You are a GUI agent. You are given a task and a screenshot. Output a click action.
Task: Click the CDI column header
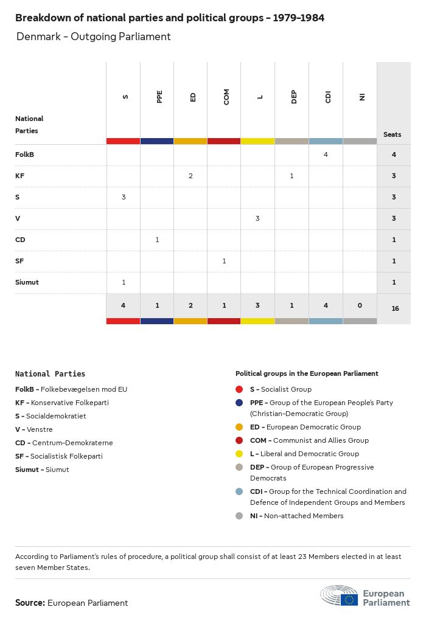click(x=328, y=97)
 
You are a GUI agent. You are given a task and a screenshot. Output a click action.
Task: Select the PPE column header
click(x=159, y=97)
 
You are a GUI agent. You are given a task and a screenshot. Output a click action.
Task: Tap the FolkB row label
click(x=24, y=154)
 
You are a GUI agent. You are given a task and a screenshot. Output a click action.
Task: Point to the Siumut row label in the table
click(x=27, y=282)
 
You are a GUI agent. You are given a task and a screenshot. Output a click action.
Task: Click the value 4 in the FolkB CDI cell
click(x=326, y=154)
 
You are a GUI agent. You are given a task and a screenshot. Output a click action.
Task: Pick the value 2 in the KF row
click(x=190, y=176)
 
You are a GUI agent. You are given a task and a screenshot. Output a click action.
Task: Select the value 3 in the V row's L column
click(x=257, y=218)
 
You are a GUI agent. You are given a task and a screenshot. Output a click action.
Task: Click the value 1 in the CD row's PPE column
click(x=157, y=240)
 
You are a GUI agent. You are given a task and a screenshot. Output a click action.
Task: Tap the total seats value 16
click(x=395, y=308)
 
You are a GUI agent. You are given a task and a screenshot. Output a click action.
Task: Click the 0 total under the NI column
click(x=360, y=305)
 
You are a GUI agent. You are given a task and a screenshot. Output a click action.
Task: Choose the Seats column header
click(x=393, y=134)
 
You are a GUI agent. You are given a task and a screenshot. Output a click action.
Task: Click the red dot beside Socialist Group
click(x=239, y=389)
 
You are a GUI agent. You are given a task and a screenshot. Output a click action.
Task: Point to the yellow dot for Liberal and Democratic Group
click(x=239, y=454)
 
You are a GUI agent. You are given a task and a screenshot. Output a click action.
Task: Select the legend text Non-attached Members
click(x=296, y=516)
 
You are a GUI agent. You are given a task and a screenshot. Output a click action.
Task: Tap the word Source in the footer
click(x=30, y=603)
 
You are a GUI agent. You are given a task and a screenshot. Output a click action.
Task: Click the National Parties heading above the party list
click(x=50, y=374)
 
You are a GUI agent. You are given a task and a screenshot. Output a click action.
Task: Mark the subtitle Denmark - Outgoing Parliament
click(x=93, y=36)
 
